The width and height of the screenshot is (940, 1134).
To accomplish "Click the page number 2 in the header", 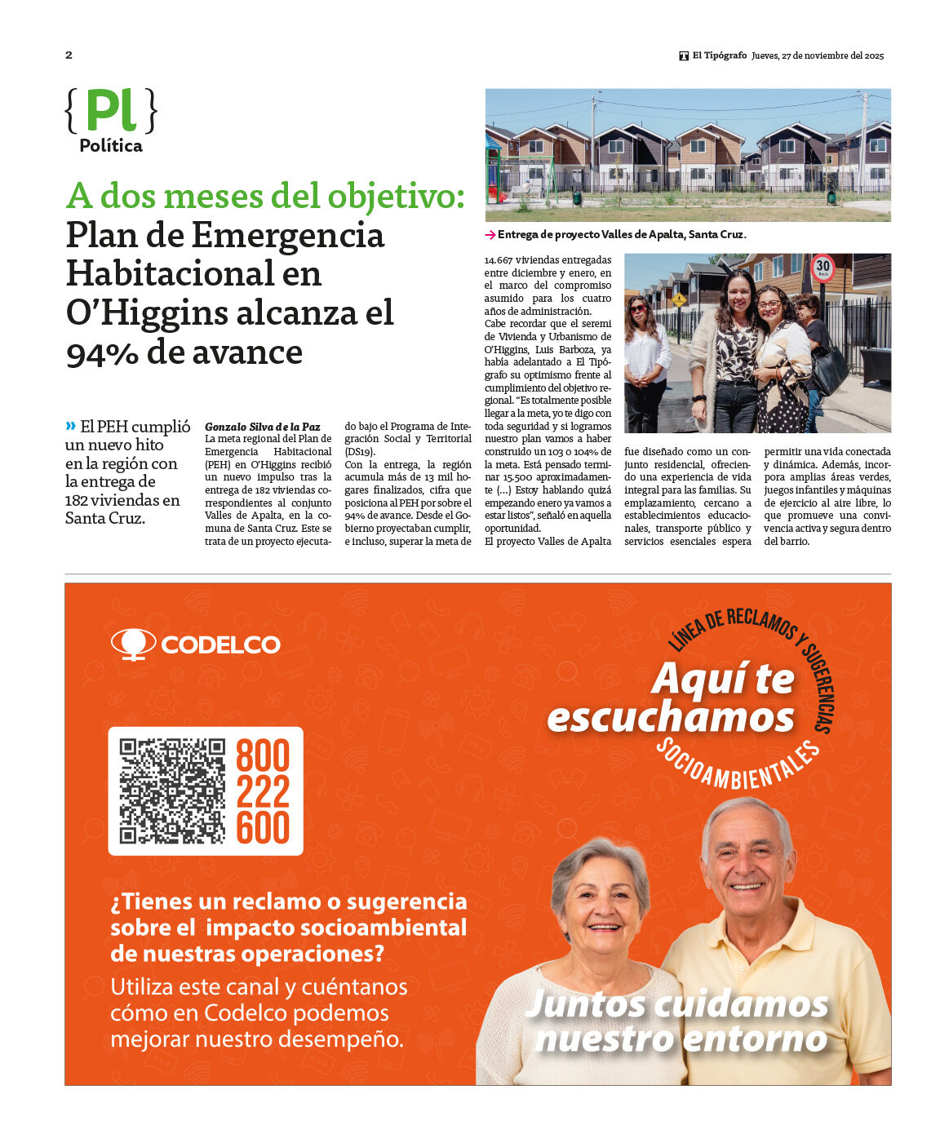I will [x=69, y=55].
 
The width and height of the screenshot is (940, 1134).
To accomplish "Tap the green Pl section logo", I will [x=111, y=110].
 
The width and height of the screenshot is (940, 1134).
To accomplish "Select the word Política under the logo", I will [x=111, y=146].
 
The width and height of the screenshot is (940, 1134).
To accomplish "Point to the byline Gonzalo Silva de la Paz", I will [x=262, y=427].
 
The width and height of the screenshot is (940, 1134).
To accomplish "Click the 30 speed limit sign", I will [x=822, y=267].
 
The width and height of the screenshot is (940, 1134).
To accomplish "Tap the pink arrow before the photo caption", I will [x=490, y=235].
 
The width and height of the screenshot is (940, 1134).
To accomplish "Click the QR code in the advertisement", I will [x=172, y=791].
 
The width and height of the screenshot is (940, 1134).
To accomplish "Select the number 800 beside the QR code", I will [x=263, y=756].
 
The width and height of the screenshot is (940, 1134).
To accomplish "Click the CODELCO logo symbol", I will [x=133, y=644].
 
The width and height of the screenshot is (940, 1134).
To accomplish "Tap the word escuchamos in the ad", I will [x=670, y=718].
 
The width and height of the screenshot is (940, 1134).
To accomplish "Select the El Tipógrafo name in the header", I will [x=719, y=55].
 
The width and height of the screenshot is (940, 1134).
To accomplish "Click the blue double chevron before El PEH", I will [x=71, y=426].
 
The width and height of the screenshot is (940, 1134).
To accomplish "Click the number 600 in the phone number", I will [x=263, y=828].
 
